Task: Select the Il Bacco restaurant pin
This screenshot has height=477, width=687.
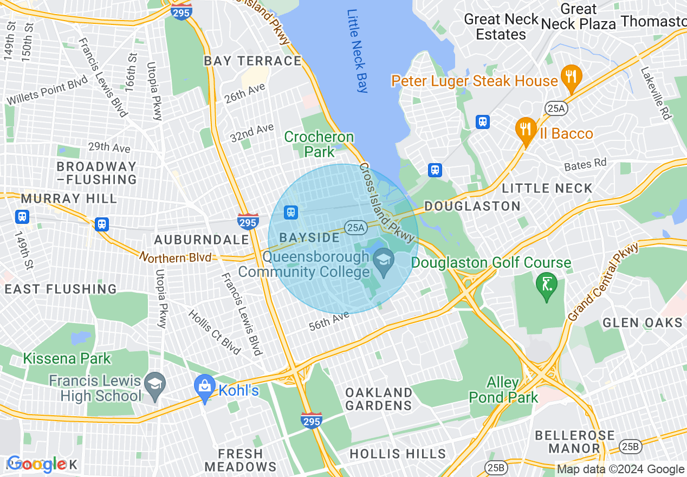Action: (x=526, y=130)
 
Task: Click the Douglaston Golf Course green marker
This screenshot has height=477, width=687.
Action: (x=546, y=283)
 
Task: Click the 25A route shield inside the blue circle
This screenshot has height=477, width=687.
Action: (x=355, y=228)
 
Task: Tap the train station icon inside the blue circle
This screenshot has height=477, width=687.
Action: (x=291, y=212)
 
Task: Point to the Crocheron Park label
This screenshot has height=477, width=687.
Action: (x=319, y=144)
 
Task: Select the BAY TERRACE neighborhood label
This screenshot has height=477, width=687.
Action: (x=252, y=61)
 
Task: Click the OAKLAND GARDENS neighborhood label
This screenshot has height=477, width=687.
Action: (x=379, y=398)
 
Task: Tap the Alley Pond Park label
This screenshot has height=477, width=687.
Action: (x=503, y=390)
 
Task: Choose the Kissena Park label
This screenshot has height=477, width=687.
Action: (x=67, y=358)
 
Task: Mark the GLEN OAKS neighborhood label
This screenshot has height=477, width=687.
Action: (x=643, y=323)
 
